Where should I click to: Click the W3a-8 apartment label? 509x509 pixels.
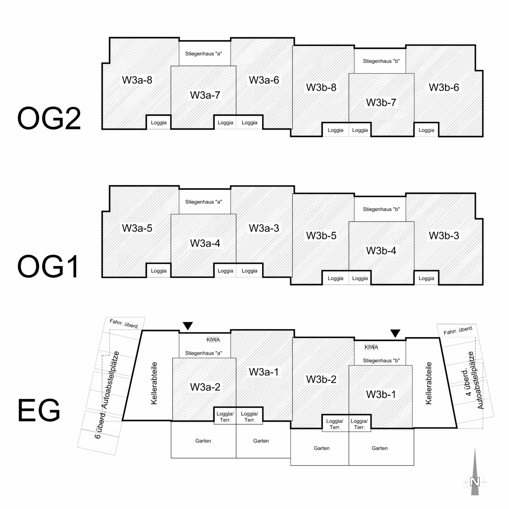(x=137, y=80)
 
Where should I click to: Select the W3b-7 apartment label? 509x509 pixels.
(x=381, y=102)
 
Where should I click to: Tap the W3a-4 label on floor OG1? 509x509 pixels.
(x=205, y=243)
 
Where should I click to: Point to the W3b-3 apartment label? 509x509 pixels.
(x=444, y=235)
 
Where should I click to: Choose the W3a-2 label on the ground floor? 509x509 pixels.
(x=205, y=387)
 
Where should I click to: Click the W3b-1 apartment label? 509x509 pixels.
(x=381, y=394)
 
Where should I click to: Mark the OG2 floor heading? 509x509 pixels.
(x=49, y=118)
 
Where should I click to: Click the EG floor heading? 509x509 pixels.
(x=39, y=410)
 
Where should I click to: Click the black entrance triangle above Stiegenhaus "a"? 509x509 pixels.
(x=187, y=326)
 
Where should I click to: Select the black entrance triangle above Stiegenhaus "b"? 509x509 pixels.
(x=395, y=333)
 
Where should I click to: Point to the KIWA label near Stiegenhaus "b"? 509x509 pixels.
(x=371, y=347)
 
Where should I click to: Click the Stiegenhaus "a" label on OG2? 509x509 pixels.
(x=204, y=53)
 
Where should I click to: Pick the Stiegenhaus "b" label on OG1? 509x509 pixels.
(x=381, y=209)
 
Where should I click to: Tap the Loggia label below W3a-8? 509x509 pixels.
(x=159, y=123)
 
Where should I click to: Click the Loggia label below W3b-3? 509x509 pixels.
(x=426, y=278)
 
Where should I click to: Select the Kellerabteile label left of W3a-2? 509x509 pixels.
(x=154, y=383)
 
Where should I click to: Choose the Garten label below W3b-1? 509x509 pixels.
(x=380, y=448)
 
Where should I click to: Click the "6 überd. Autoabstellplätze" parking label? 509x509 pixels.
(x=107, y=394)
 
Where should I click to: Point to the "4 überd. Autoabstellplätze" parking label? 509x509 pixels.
(x=472, y=380)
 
